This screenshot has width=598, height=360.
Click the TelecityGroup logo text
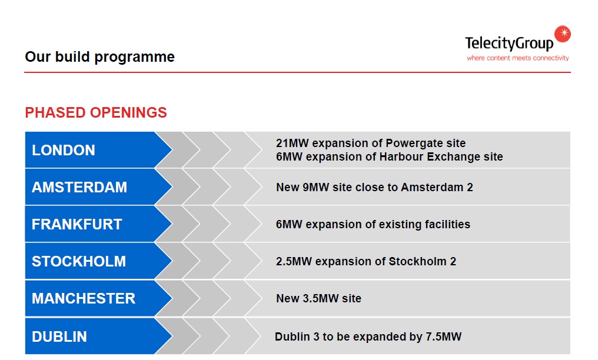[509, 44]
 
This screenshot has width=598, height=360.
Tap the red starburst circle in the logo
[563, 34]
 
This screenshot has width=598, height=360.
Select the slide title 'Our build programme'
[99, 57]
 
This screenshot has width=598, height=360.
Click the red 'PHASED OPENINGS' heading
[96, 112]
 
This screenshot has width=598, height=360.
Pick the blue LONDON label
[64, 150]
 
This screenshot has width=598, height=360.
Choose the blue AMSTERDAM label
[79, 187]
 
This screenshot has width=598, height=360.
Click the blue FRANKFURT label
[77, 224]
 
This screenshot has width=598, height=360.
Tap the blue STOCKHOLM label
[79, 261]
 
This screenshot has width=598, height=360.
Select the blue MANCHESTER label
[84, 298]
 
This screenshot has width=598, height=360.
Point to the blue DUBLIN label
[59, 336]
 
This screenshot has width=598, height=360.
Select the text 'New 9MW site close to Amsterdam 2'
[374, 188]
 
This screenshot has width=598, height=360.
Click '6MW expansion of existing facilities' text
[373, 224]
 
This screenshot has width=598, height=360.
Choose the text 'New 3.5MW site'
[318, 299]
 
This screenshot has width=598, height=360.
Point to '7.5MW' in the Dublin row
[443, 337]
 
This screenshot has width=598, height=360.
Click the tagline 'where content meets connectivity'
[518, 58]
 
